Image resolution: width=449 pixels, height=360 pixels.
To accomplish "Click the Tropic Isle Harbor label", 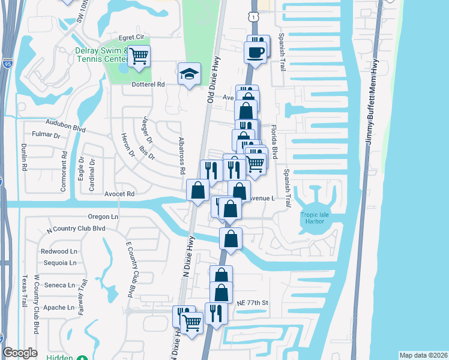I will pos(312,218).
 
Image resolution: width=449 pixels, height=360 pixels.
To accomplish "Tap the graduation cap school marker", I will pos(188,74).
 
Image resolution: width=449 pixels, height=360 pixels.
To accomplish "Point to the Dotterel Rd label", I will pos(148,85).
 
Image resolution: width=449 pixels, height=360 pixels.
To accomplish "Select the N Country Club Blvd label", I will pos(76,229).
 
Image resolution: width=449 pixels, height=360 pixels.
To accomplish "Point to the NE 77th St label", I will pos(251,303).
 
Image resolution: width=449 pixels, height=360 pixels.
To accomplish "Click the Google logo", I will pos(20,353).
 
